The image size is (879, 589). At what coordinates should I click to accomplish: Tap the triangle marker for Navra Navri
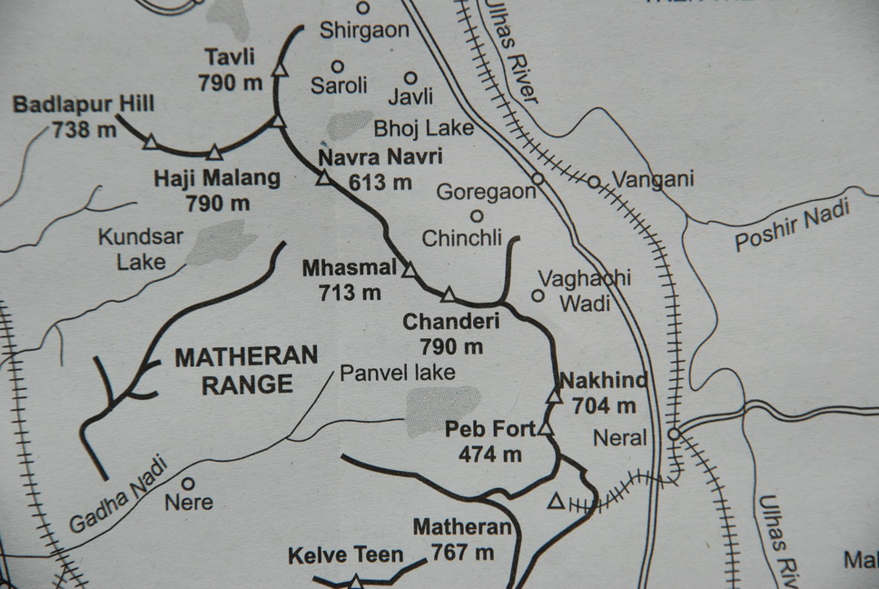pos(323,178)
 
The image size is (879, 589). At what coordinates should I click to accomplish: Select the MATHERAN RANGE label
pos(246,369)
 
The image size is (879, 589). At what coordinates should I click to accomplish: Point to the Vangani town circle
pos(594,182)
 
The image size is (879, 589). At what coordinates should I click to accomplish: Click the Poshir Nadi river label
pos(792,227)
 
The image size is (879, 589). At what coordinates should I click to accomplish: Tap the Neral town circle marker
pos(673,434)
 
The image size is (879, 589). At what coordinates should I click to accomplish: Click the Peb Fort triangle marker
pos(545,428)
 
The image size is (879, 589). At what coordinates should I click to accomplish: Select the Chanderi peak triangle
pos(448,294)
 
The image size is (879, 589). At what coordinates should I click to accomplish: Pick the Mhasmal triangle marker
pos(410,270)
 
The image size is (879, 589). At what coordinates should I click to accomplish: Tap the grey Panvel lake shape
pos(441,407)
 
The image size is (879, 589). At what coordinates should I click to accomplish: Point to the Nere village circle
pos(188,484)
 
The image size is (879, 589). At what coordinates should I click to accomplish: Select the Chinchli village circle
pos(477,216)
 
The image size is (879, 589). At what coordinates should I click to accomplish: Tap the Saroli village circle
pos(337,65)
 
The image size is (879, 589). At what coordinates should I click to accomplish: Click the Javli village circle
pos(410,78)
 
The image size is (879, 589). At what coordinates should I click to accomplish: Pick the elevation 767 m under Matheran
pos(462,552)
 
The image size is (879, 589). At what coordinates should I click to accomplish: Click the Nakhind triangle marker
pos(554,396)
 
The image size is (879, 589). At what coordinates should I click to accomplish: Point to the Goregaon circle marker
pos(538,179)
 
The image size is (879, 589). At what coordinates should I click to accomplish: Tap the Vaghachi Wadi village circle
pos(538,295)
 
